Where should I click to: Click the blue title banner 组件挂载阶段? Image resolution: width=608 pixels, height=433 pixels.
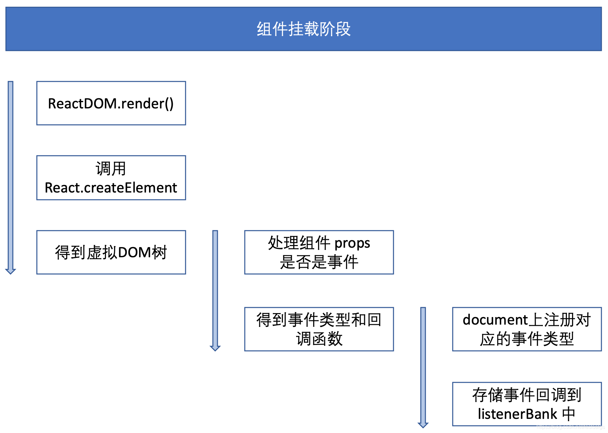(303, 29)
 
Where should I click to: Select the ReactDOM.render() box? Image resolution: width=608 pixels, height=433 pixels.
(111, 103)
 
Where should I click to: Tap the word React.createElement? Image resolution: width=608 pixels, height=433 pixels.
(111, 188)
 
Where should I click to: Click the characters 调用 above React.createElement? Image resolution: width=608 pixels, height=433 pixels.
(111, 169)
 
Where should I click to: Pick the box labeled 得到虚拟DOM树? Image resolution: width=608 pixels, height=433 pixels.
(111, 252)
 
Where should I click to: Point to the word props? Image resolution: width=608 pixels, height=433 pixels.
(352, 243)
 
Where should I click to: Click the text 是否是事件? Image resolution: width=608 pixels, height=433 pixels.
(319, 262)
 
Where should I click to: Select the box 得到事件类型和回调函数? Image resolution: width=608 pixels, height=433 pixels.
(319, 329)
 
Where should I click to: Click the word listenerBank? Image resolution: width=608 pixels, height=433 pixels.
(517, 414)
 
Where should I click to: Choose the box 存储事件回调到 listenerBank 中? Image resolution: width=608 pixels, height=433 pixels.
(527, 404)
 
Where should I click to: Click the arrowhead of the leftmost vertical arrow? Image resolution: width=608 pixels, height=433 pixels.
(11, 271)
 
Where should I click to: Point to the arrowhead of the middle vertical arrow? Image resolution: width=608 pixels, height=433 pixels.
(215, 348)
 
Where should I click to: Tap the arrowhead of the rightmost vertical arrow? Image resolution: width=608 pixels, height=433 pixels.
(423, 425)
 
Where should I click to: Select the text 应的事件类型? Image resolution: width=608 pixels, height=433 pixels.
(527, 339)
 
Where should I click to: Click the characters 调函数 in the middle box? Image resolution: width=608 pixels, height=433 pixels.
(319, 339)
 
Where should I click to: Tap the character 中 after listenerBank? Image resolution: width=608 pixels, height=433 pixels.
(569, 414)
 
